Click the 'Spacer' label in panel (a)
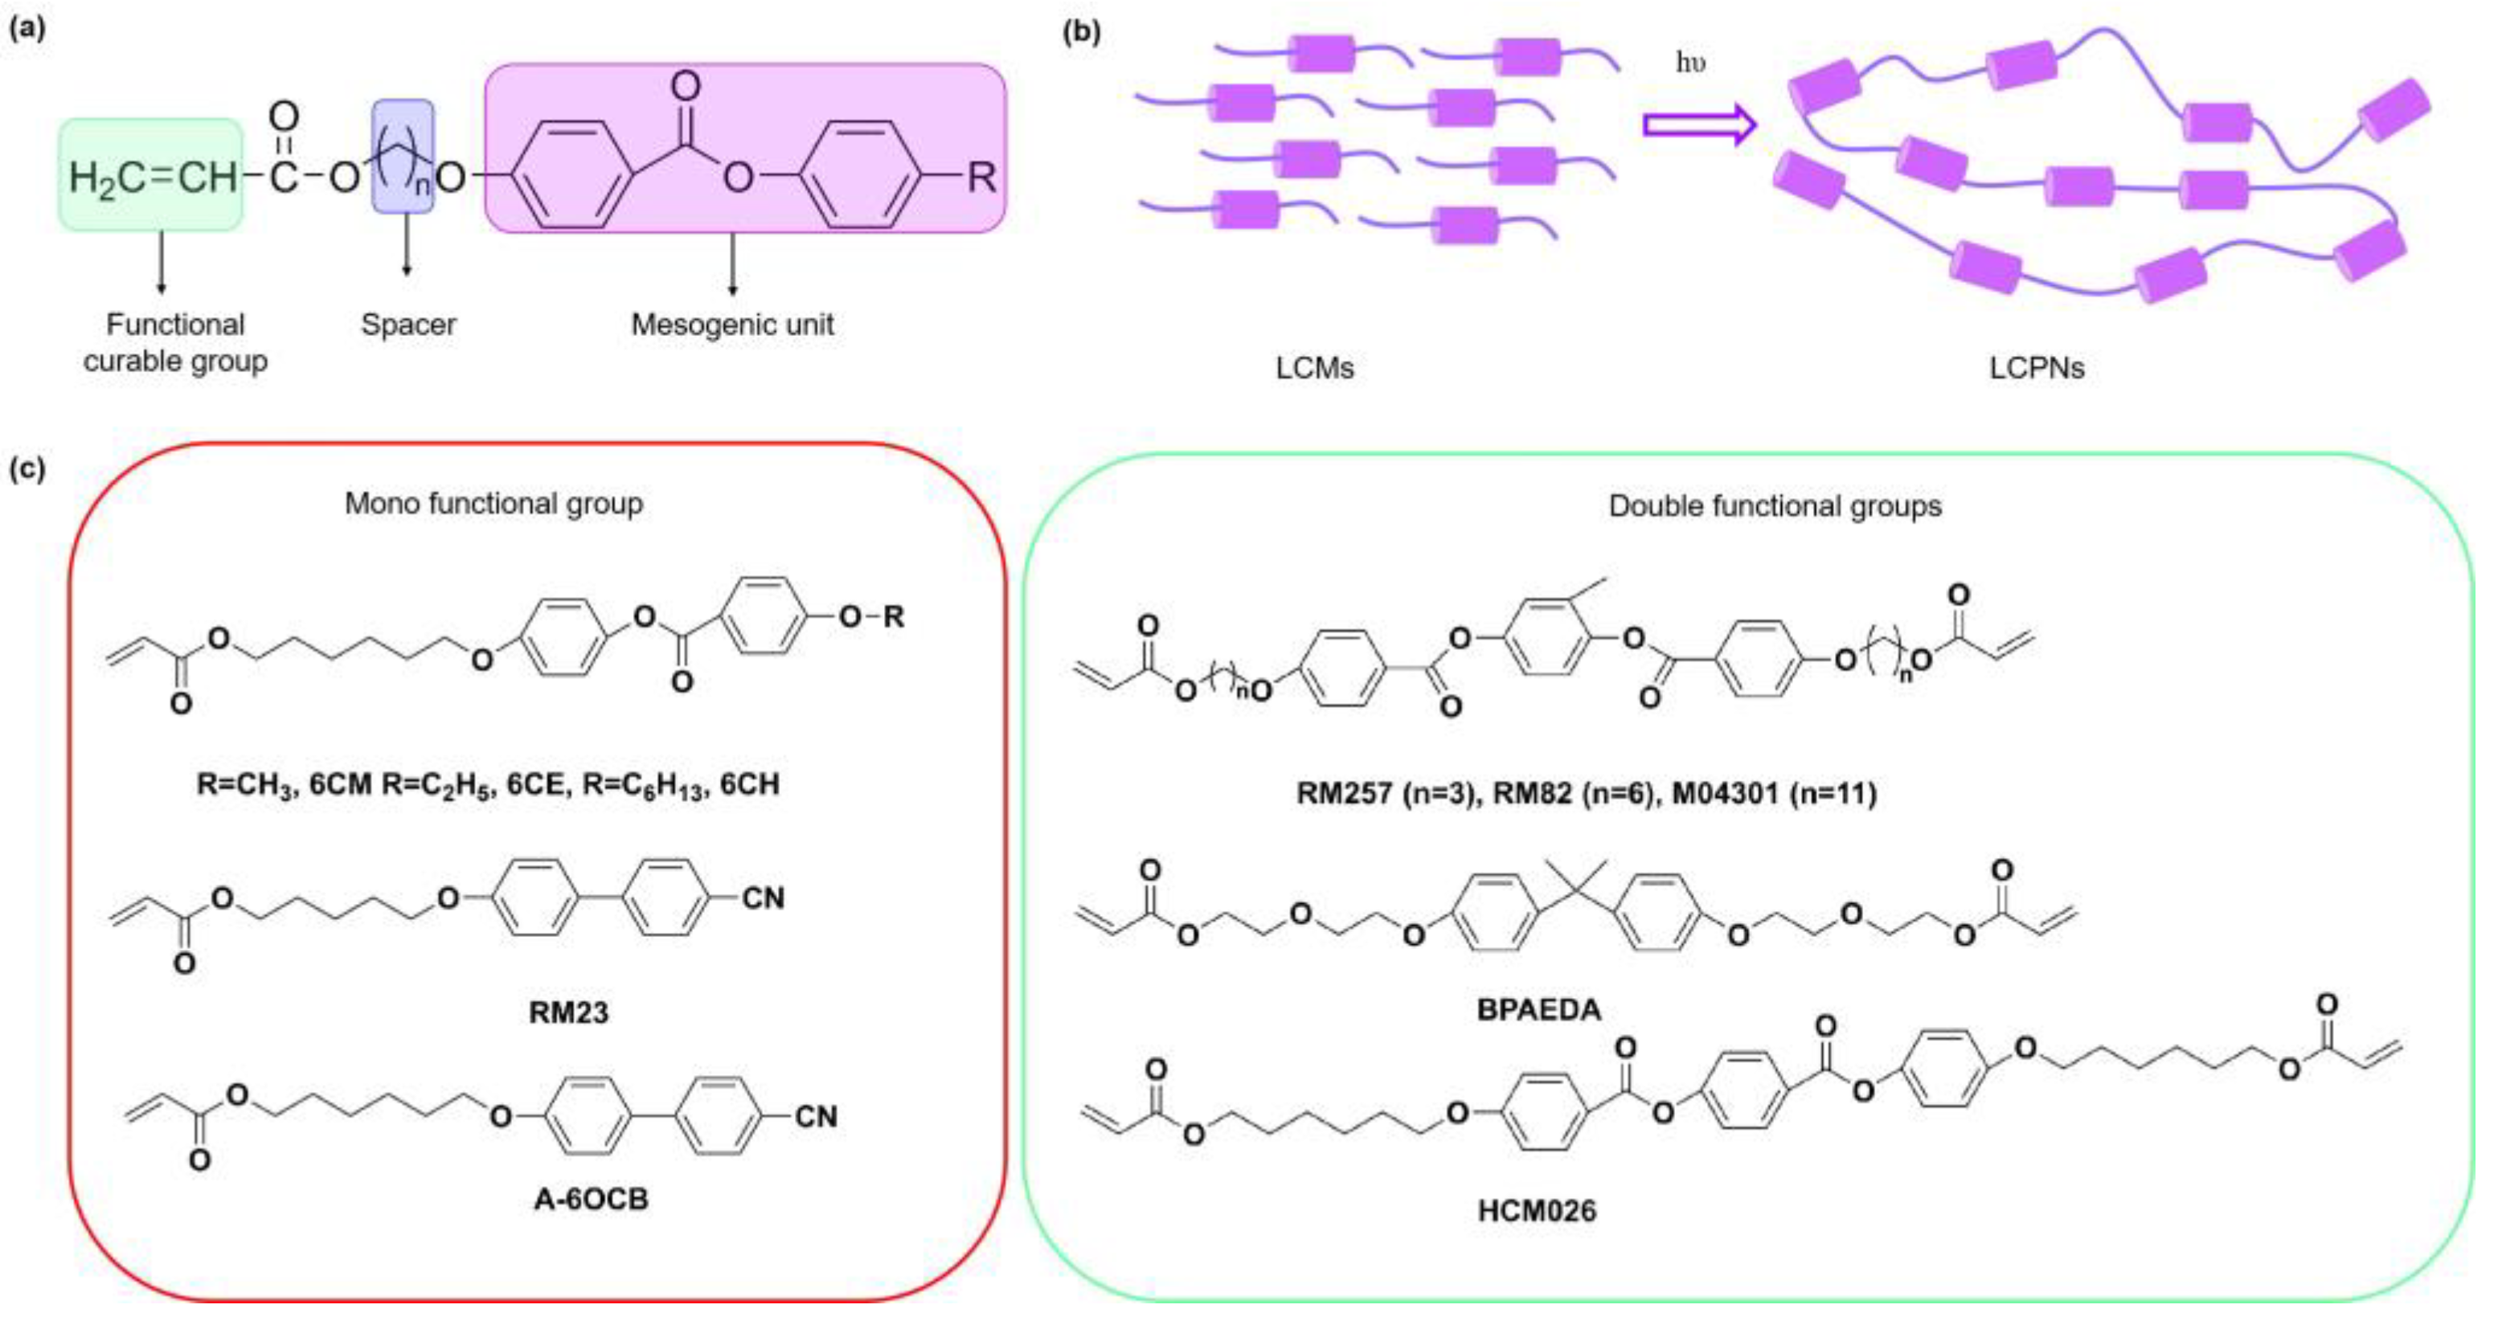[407, 325]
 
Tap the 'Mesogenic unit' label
[732, 325]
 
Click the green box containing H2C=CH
[151, 176]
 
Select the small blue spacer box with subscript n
[403, 155]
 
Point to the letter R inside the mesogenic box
[981, 177]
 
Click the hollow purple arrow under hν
[1699, 125]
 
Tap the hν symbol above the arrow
[1690, 63]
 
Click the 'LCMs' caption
[1314, 369]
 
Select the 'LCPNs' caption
[2037, 369]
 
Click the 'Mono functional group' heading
[493, 504]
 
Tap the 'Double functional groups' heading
[1775, 507]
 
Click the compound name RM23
[568, 1013]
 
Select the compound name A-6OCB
[591, 1200]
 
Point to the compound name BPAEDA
[1538, 1010]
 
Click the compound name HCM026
[1537, 1211]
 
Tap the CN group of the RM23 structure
[763, 899]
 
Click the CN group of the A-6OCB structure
[815, 1118]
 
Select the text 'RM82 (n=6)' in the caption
[1573, 795]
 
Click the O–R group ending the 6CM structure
[871, 616]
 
